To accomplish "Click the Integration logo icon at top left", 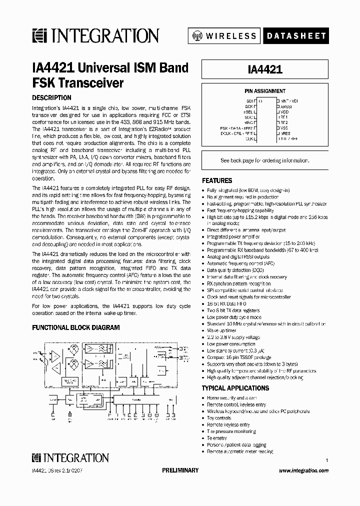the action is pyautogui.click(x=38, y=35).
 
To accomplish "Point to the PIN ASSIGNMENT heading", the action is pyautogui.click(x=265, y=91).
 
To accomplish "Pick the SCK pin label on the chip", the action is pyautogui.click(x=248, y=106).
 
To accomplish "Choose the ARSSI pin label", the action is pyautogui.click(x=286, y=106).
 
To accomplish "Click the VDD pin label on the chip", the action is pyautogui.click(x=284, y=112).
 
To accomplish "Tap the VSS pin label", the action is pyautogui.click(x=284, y=128).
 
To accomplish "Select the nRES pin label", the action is pyautogui.click(x=285, y=133).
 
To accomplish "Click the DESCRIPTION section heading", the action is pyautogui.click(x=51, y=98).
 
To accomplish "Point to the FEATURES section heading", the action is pyautogui.click(x=217, y=180).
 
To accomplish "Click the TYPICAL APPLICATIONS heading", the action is pyautogui.click(x=235, y=388).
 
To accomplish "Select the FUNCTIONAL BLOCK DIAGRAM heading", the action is pyautogui.click(x=76, y=327).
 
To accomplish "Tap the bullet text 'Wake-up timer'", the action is pyautogui.click(x=221, y=330).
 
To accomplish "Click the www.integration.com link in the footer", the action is pyautogui.click(x=303, y=470).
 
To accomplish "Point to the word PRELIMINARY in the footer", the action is pyautogui.click(x=180, y=470).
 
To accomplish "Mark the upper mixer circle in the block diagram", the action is pyautogui.click(x=73, y=350).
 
